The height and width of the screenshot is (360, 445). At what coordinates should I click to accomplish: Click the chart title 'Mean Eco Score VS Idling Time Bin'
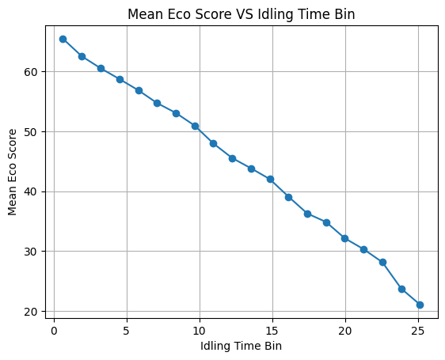click(x=241, y=14)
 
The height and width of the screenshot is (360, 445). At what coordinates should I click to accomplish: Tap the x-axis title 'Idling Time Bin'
click(x=241, y=346)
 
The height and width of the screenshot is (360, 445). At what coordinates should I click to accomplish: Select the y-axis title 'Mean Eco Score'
click(x=12, y=172)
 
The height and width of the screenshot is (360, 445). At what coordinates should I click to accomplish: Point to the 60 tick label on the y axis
click(x=31, y=72)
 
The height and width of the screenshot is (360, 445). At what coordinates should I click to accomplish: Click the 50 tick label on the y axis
click(x=31, y=132)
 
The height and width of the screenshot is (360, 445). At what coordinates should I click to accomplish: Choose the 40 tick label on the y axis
click(x=31, y=192)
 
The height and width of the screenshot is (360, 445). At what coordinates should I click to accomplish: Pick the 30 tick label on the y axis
click(x=31, y=252)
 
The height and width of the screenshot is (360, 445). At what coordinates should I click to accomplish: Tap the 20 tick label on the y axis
click(x=31, y=312)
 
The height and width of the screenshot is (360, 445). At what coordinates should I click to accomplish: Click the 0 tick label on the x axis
click(x=54, y=331)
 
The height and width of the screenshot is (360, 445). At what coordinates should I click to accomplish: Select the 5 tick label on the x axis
click(x=127, y=331)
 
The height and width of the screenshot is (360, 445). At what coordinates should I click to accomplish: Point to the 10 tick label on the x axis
click(x=200, y=331)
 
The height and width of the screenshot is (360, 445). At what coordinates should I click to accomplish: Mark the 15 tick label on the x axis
click(x=272, y=331)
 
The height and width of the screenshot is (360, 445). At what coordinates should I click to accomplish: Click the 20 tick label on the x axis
click(x=345, y=331)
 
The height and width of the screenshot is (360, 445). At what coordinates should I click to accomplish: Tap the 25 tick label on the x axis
click(x=418, y=331)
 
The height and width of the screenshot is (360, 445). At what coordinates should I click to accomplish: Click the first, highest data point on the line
click(x=63, y=39)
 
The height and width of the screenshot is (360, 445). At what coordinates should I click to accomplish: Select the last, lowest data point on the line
click(x=420, y=305)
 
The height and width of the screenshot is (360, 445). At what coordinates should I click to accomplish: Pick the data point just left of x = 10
click(x=196, y=127)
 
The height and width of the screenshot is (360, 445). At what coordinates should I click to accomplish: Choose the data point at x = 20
click(x=345, y=238)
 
